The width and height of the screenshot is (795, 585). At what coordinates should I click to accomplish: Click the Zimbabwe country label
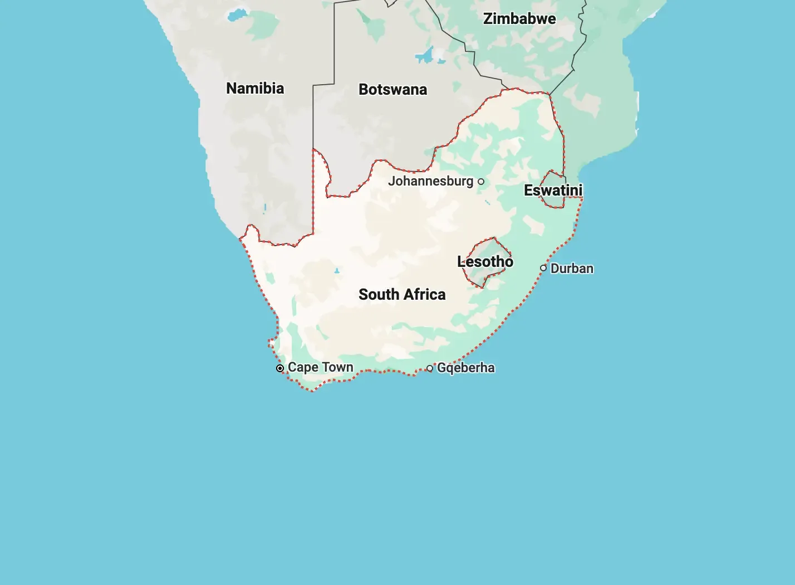[x=519, y=19]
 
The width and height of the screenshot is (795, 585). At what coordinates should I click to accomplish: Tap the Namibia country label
[x=255, y=88]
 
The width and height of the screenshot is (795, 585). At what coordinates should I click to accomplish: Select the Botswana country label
[x=392, y=90]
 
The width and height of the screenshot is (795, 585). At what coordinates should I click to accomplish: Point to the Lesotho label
[x=485, y=261]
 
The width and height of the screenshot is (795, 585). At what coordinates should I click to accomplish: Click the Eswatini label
[x=553, y=191]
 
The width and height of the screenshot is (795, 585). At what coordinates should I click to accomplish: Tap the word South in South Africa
[x=379, y=295]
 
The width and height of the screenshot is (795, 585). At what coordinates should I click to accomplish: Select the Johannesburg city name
[x=430, y=181]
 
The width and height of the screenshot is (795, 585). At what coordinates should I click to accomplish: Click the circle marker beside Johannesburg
[x=481, y=182]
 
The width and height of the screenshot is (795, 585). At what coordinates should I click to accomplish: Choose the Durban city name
[x=572, y=269]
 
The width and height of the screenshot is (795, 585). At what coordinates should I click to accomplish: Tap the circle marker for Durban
[x=543, y=268]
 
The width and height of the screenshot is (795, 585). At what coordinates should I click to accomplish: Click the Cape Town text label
[x=320, y=368]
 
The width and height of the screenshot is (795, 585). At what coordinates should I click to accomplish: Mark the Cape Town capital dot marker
[x=280, y=368]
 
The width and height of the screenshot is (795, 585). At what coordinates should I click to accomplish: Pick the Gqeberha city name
[x=465, y=368]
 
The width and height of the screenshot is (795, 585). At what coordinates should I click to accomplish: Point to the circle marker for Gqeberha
[x=430, y=368]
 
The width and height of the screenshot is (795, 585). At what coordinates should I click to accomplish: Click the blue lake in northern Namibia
[x=237, y=14]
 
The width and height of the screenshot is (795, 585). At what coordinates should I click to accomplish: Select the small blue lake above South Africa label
[x=337, y=271]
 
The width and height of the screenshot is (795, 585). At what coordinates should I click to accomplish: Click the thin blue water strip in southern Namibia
[x=265, y=208]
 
